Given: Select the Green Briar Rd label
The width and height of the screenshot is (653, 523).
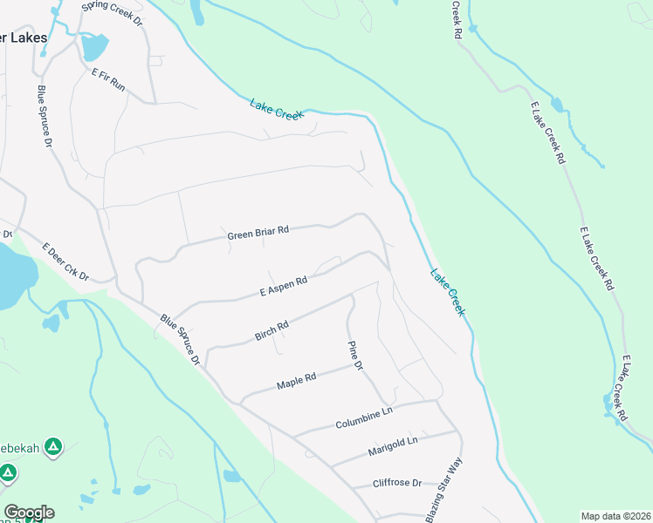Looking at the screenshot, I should point(258,233).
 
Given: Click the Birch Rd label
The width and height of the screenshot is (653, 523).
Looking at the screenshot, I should point(271,330).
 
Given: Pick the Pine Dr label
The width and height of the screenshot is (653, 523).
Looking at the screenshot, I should point(354,356).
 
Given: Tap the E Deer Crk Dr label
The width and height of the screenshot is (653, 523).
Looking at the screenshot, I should point(65,261).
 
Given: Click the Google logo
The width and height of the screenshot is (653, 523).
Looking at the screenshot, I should point(29,513).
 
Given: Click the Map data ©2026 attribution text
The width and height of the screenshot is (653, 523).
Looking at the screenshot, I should point(615,516).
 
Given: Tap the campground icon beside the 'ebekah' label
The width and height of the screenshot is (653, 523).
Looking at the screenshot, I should point(53,448).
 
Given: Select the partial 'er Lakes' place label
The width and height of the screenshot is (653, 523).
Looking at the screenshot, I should point(24,38).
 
